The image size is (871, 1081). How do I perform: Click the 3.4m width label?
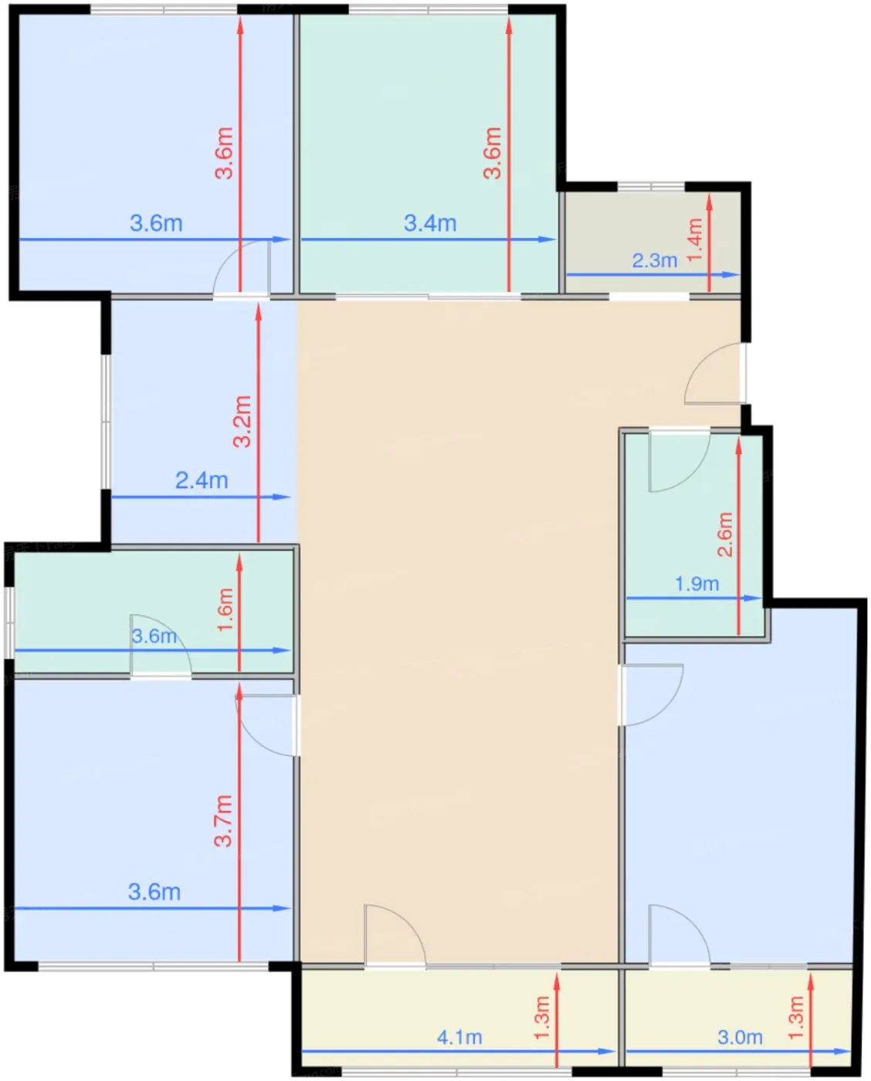click(x=430, y=223)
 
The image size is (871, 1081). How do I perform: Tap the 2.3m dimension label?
click(x=655, y=260)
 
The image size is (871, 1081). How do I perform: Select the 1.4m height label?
click(x=695, y=239)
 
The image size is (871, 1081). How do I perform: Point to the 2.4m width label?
click(x=202, y=480)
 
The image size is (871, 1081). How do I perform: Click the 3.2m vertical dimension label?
click(x=242, y=421)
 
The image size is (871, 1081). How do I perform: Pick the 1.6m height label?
click(x=225, y=609)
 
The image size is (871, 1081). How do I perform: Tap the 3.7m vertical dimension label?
click(x=223, y=822)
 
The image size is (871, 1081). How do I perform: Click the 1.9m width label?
click(x=696, y=584)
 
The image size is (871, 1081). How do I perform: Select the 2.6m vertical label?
click(x=725, y=534)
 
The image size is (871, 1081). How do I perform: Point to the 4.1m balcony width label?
click(x=459, y=1037)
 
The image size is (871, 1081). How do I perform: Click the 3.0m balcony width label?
click(x=740, y=1037)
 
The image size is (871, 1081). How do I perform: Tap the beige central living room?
click(x=457, y=628)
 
